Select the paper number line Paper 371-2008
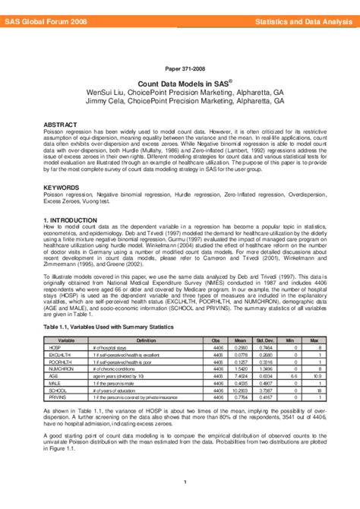tap(180, 68)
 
